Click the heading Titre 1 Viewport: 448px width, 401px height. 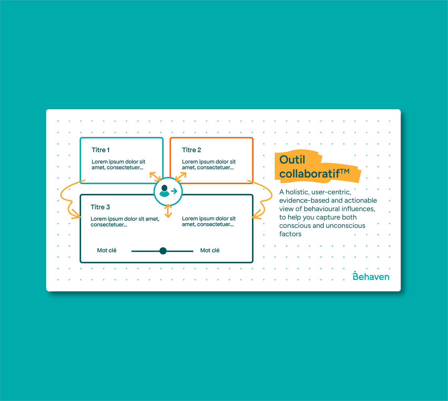point(100,150)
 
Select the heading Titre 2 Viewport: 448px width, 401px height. point(191,150)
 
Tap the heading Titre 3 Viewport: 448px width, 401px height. point(100,207)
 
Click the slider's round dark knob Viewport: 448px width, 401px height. point(163,251)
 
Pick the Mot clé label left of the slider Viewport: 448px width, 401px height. point(107,250)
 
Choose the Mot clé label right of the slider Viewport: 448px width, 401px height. point(210,250)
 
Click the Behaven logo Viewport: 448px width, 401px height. point(371,276)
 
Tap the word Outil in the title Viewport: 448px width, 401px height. point(292,159)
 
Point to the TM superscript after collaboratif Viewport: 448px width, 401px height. point(345,171)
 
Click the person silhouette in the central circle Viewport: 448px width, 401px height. point(164,191)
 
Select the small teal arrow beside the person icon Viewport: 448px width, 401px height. point(174,191)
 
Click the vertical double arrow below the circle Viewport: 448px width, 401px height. point(168,211)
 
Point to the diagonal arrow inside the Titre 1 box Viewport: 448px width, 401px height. point(155,177)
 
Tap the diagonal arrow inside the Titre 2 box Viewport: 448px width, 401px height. point(181,177)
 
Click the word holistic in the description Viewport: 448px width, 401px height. point(297,192)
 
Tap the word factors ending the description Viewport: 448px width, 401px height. point(290,234)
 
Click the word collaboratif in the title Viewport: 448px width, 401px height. point(309,174)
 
